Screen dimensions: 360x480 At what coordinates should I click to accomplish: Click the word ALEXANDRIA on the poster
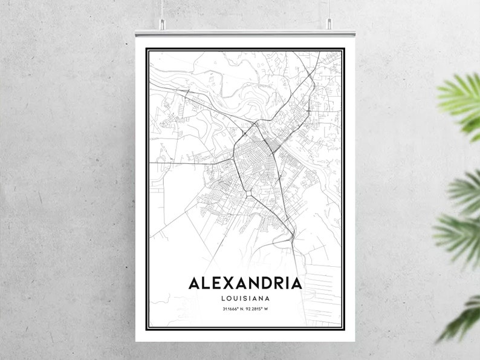point(245,283)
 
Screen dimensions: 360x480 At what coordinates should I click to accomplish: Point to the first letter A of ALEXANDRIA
point(195,283)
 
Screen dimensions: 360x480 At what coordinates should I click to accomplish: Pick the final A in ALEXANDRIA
point(296,283)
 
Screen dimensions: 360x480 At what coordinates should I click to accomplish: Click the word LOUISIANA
point(245,298)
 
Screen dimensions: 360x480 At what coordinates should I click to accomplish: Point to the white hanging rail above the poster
point(245,32)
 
